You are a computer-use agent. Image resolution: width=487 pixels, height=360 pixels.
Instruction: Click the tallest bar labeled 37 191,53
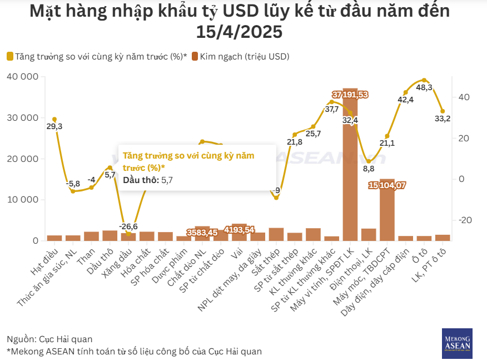(x=350, y=167)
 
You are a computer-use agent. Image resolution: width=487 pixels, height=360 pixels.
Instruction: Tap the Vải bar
(x=239, y=233)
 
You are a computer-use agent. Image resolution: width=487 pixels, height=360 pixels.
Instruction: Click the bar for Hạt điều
(x=54, y=238)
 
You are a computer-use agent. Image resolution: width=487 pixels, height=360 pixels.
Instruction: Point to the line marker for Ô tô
(x=424, y=80)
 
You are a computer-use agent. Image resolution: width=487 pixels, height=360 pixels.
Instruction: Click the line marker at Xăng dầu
(x=128, y=233)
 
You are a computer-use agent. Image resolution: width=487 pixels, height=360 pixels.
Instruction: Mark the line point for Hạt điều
(x=54, y=119)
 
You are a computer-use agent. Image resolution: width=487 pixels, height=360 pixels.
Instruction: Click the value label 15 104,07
(x=387, y=185)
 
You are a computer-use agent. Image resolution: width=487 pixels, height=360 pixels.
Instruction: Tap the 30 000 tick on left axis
(x=23, y=118)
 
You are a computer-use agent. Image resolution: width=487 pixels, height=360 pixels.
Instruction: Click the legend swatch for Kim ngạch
(x=195, y=56)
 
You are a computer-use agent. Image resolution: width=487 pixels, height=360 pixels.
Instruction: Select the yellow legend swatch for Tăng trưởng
(x=10, y=56)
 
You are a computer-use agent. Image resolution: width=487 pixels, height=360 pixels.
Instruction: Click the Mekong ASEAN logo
(x=457, y=342)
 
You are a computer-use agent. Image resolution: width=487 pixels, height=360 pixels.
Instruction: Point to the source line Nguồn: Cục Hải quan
(x=49, y=339)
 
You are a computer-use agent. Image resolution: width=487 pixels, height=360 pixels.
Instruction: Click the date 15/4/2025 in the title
(x=239, y=32)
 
